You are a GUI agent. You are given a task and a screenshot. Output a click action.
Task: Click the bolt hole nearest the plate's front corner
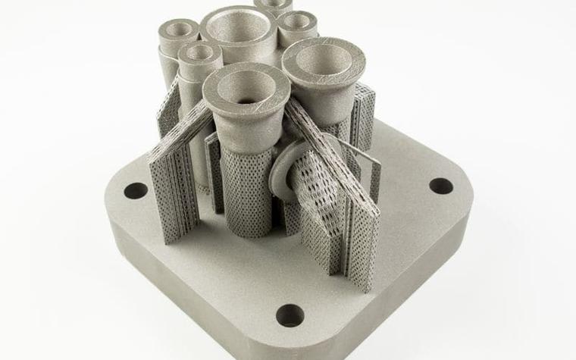pyautogui.click(x=290, y=315)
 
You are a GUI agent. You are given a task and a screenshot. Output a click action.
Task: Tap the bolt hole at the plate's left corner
pyautogui.click(x=136, y=190)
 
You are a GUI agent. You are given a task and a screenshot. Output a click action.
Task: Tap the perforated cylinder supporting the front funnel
pyautogui.click(x=249, y=189)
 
